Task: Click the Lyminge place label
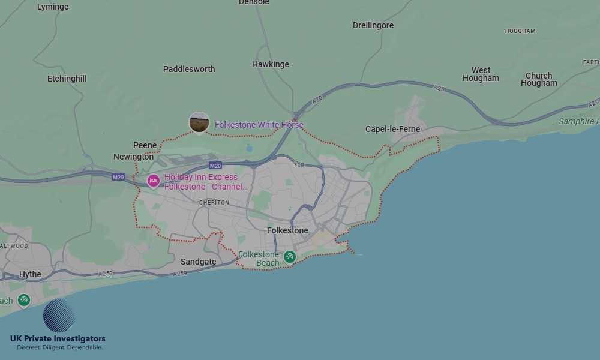click(53, 7)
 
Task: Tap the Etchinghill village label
click(67, 79)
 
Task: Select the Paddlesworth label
click(189, 69)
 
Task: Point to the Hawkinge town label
click(271, 64)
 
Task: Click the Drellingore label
click(373, 25)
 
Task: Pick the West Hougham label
click(481, 74)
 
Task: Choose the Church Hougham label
click(539, 79)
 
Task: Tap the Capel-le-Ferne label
click(392, 129)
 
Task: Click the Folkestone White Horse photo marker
click(199, 122)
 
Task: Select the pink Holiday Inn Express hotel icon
click(154, 180)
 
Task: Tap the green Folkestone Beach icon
click(290, 257)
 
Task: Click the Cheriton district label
click(214, 203)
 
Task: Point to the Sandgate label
click(199, 262)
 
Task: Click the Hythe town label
click(30, 274)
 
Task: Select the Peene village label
click(145, 145)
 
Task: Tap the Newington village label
click(133, 157)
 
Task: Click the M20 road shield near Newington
click(118, 177)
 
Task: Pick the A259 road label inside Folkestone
click(297, 162)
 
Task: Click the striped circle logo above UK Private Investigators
click(59, 316)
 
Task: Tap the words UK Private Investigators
click(58, 339)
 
